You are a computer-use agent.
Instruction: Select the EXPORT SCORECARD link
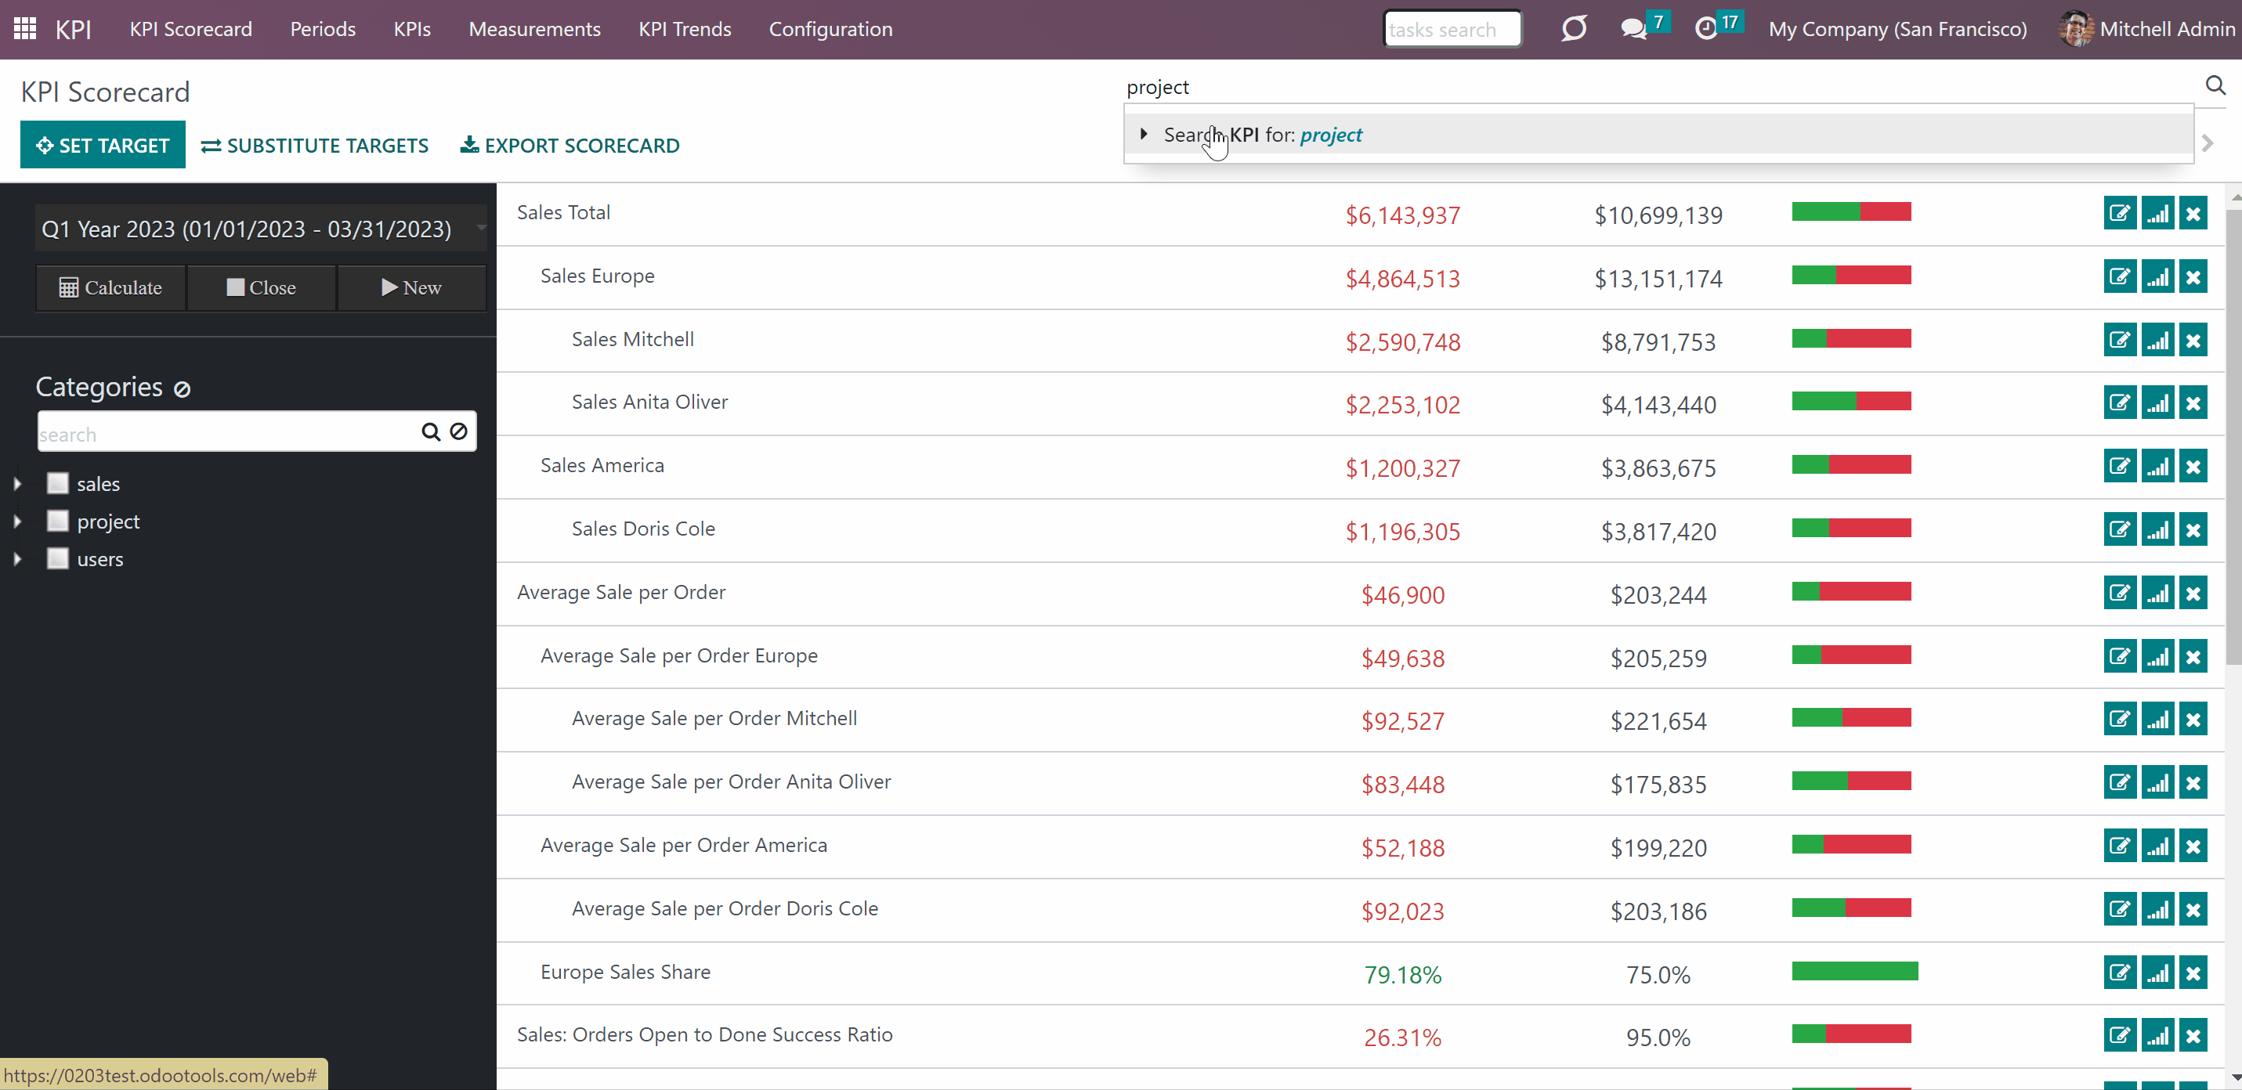570,146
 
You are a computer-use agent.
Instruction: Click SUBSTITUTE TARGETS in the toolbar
315,146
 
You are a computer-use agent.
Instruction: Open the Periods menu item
323,29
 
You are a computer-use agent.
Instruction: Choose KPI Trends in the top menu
685,29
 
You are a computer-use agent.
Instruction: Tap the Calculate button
110,288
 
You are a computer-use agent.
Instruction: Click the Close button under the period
261,288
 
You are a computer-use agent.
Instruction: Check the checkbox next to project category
57,521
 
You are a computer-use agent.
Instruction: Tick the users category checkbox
57,558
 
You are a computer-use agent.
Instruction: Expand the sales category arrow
17,484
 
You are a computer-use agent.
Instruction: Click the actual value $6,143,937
1403,215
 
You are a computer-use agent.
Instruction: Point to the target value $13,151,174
1658,278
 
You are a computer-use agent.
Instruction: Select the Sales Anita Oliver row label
649,402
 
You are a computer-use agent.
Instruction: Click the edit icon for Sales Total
2120,213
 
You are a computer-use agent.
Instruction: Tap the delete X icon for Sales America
2193,466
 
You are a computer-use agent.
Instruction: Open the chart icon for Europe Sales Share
2157,973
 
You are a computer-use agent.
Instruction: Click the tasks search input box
1452,29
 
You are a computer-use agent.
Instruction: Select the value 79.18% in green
1403,974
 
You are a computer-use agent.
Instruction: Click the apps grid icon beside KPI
25,29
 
